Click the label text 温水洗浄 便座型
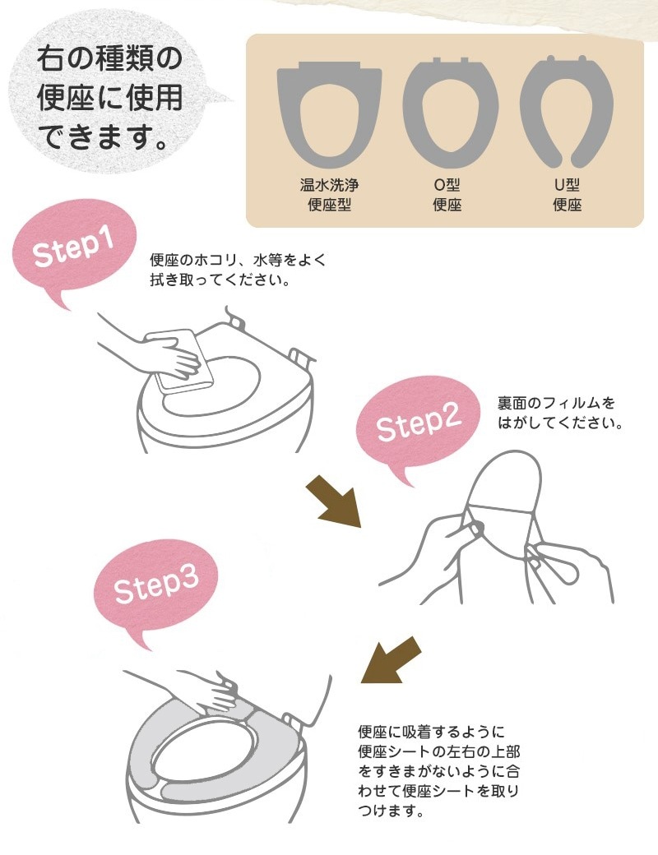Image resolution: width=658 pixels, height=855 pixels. [329, 196]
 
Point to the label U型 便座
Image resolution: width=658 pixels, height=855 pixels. [568, 196]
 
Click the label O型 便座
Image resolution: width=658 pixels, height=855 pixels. [447, 196]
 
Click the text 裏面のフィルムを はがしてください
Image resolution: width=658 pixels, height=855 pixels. [558, 414]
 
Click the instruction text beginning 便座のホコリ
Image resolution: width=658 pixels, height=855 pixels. [238, 270]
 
